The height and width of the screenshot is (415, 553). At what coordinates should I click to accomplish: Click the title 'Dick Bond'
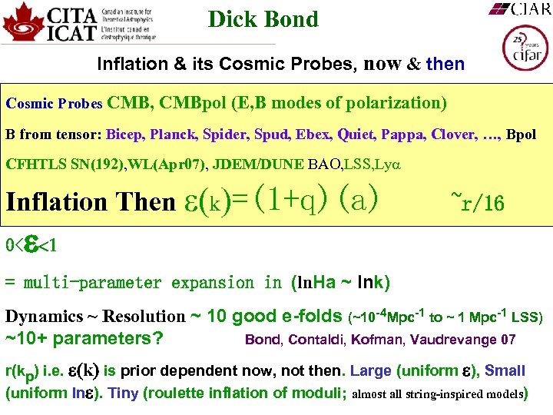pyautogui.click(x=263, y=19)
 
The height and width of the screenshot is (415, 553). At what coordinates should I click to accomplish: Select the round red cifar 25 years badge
pyautogui.click(x=525, y=48)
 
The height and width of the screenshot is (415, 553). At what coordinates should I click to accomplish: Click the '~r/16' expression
pyautogui.click(x=477, y=202)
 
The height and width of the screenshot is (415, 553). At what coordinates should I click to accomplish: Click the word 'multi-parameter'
pyautogui.click(x=92, y=283)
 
